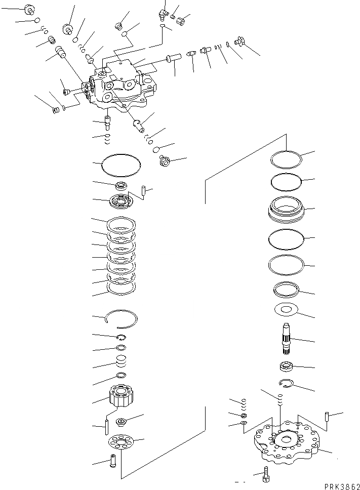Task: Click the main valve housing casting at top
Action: coord(122,86)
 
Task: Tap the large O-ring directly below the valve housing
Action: coord(121,165)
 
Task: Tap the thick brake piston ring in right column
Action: coord(286,209)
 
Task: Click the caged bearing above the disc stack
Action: coord(121,201)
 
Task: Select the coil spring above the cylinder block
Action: coord(121,362)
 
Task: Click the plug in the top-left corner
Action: coord(29,9)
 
